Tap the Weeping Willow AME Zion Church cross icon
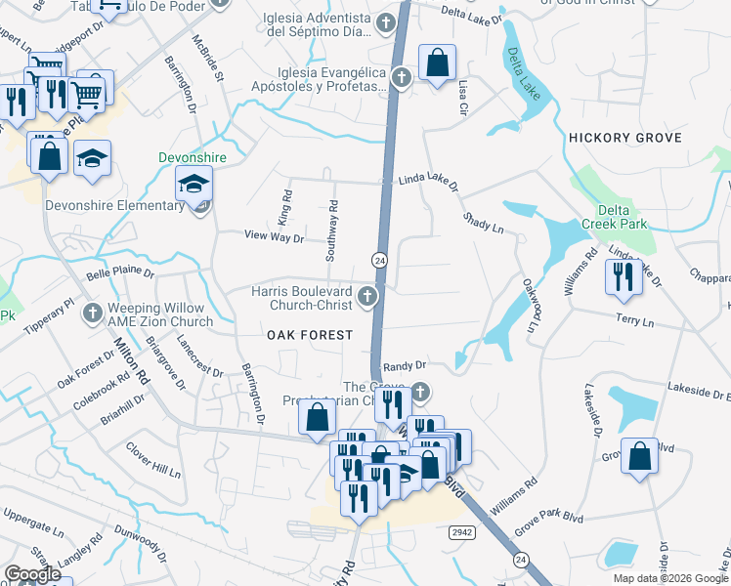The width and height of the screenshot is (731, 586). (x=92, y=314)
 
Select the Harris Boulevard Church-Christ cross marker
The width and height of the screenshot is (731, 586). (x=367, y=296)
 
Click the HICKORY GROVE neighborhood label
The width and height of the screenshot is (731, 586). (x=624, y=139)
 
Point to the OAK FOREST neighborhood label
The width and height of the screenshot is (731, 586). (x=310, y=335)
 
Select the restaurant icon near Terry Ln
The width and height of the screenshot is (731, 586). (x=622, y=277)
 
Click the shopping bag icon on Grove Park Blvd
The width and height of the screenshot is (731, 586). (x=639, y=459)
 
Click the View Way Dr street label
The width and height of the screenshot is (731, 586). (x=274, y=236)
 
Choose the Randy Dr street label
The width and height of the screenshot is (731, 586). (x=406, y=364)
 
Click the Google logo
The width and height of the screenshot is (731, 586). (x=32, y=574)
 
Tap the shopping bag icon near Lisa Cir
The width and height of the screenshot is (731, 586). (x=437, y=63)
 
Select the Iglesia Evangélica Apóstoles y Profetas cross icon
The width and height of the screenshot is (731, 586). (x=401, y=77)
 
